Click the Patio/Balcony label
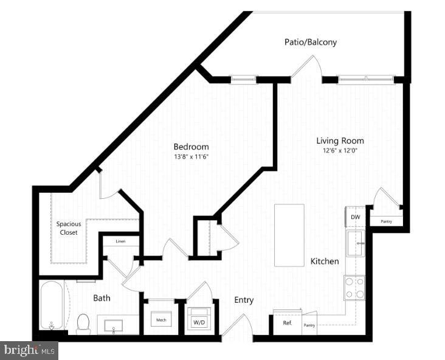click(x=310, y=43)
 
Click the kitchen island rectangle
click(x=289, y=235)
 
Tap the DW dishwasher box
click(x=354, y=216)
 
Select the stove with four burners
click(x=354, y=288)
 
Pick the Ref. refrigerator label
click(x=288, y=323)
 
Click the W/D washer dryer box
click(x=199, y=321)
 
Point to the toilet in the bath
click(x=84, y=324)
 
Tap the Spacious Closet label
click(x=69, y=227)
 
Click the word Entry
click(x=244, y=300)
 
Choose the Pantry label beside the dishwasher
click(x=386, y=221)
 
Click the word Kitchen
click(x=325, y=261)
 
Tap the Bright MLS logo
click(x=29, y=350)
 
